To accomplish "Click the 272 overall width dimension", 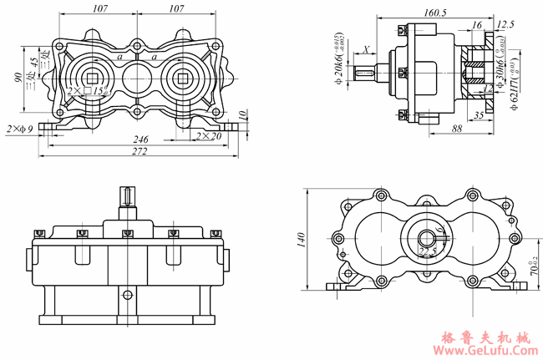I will [x=140, y=152].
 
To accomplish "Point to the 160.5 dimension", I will [x=434, y=13].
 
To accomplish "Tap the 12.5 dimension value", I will [x=505, y=24].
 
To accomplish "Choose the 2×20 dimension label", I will [x=209, y=135].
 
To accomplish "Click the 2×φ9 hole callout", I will [x=23, y=129].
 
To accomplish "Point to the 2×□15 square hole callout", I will [x=87, y=90].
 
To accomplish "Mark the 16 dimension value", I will [x=477, y=26].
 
